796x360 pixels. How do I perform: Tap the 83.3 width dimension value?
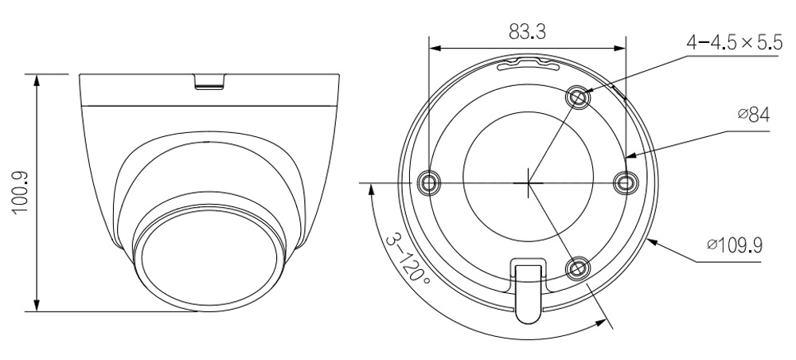click(527, 33)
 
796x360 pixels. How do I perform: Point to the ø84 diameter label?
click(753, 115)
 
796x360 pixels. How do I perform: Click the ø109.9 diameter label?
click(735, 246)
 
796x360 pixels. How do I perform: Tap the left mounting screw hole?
click(428, 182)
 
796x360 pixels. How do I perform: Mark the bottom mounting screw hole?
click(578, 268)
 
